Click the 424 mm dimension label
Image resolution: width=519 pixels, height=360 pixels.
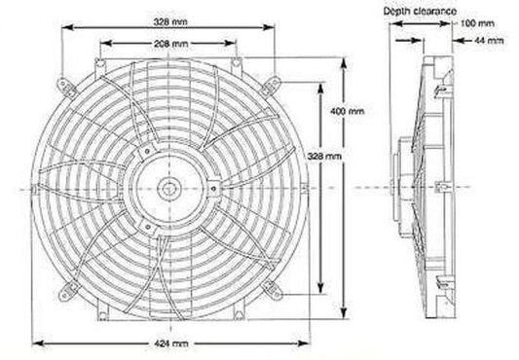[172, 344]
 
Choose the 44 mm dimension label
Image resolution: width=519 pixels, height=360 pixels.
[487, 42]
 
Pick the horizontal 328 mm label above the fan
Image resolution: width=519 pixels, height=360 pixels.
[172, 20]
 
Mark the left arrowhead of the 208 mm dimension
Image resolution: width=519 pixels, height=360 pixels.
[105, 43]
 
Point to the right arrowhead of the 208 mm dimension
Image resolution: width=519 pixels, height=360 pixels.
[237, 43]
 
